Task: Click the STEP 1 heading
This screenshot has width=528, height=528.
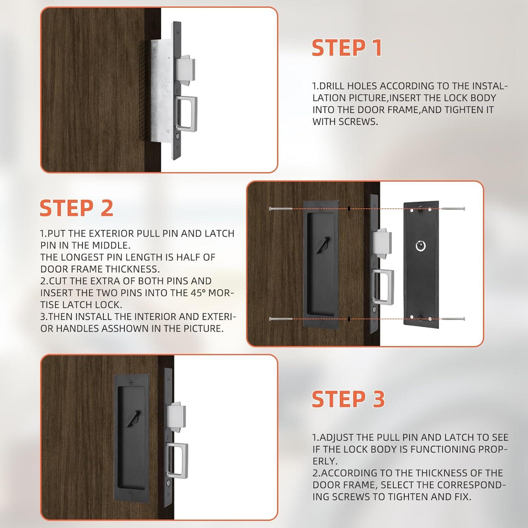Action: coord(347,48)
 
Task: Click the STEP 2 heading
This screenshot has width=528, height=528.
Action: coord(76,208)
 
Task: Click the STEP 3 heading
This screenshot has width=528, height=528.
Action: coord(348,399)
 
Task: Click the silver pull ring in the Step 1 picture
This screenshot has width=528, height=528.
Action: coord(186,114)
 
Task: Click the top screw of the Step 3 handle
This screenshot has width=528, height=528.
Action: coord(132,382)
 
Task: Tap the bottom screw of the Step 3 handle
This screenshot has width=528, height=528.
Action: coord(131,494)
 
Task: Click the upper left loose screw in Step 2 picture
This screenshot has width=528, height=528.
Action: coord(281,209)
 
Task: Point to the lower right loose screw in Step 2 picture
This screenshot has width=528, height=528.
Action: coord(453,319)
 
